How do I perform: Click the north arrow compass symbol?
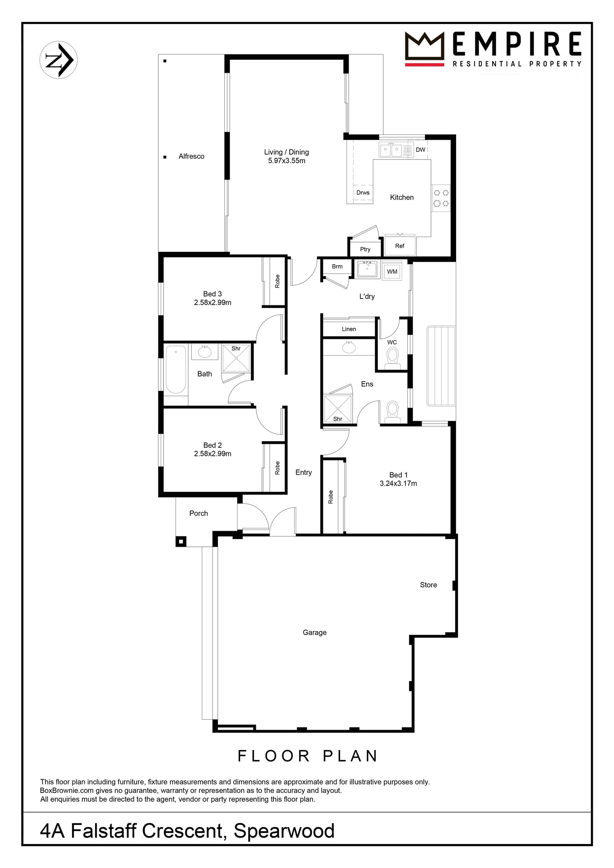coord(59,60)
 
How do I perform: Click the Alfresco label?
coord(191,156)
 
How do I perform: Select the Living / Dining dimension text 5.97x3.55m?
coord(287,161)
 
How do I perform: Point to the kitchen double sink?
coord(391,150)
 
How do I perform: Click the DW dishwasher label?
coord(421,150)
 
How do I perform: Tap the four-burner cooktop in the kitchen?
coord(441,198)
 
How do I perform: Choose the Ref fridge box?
coord(400,245)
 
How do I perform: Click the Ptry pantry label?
coord(365,249)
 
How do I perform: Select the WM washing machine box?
coord(392,271)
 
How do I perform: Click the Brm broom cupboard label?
coord(337,267)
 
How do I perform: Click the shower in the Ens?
coord(338,408)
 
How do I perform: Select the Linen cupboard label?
coord(349,329)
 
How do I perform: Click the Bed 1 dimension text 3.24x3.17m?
coord(398,484)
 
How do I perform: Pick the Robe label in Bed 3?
coord(277,281)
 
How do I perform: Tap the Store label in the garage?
coord(428,585)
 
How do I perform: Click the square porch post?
coord(181,542)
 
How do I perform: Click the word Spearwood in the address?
coord(284,831)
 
